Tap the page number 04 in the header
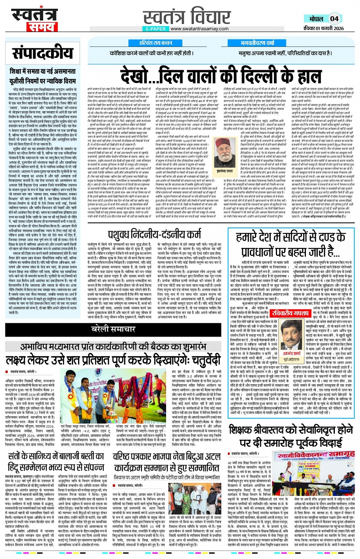(x=334, y=19)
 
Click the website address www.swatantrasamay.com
(x=200, y=29)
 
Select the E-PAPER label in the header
(x=156, y=29)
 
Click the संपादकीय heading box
(x=42, y=53)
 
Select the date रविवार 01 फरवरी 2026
(x=323, y=29)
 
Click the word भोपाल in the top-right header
(x=316, y=19)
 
